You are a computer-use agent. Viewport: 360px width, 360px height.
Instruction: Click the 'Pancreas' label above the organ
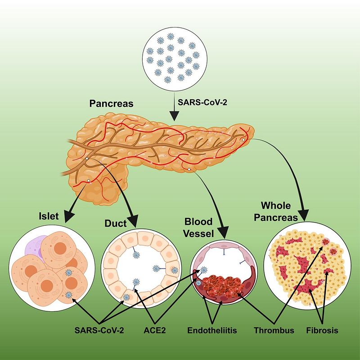(x=112, y=104)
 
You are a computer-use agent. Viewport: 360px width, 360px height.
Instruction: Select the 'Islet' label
(x=48, y=216)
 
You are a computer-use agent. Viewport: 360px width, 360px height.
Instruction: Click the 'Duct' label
(x=115, y=223)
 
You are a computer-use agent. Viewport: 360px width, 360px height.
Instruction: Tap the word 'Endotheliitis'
(x=211, y=330)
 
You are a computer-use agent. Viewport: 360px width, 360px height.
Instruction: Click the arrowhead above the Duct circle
(x=133, y=222)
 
